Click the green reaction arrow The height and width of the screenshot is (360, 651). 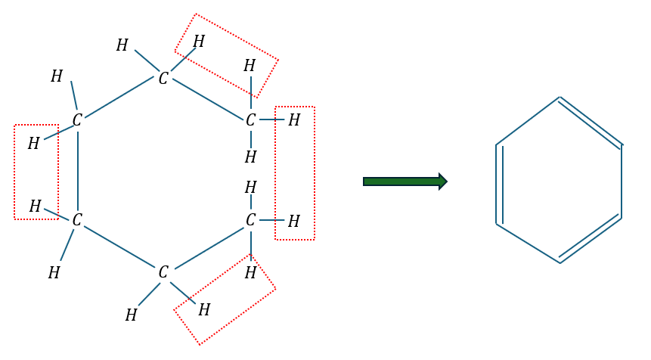click(405, 182)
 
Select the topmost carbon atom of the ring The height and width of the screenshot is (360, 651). click(163, 78)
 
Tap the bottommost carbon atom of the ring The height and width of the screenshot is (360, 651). click(163, 272)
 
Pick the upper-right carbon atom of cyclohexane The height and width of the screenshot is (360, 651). click(250, 120)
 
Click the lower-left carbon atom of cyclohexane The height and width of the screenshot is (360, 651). click(77, 220)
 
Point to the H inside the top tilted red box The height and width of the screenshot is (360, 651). click(199, 41)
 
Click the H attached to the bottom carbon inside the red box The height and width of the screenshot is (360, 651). click(204, 310)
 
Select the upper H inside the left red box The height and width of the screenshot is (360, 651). click(33, 144)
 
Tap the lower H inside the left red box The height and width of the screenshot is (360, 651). click(36, 206)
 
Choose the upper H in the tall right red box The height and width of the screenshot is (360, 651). click(294, 120)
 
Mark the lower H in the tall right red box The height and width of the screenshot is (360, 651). click(294, 221)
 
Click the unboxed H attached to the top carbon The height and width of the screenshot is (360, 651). click(122, 45)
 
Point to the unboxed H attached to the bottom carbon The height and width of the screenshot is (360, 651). click(132, 315)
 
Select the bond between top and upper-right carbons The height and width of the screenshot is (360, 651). click(208, 99)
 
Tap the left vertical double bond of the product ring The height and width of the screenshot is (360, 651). click(499, 185)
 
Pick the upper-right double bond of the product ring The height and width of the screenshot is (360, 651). click(591, 121)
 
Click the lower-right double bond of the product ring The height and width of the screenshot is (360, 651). click(590, 238)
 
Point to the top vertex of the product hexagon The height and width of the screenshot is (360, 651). click(560, 98)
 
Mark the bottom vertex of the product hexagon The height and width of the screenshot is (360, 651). click(560, 262)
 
